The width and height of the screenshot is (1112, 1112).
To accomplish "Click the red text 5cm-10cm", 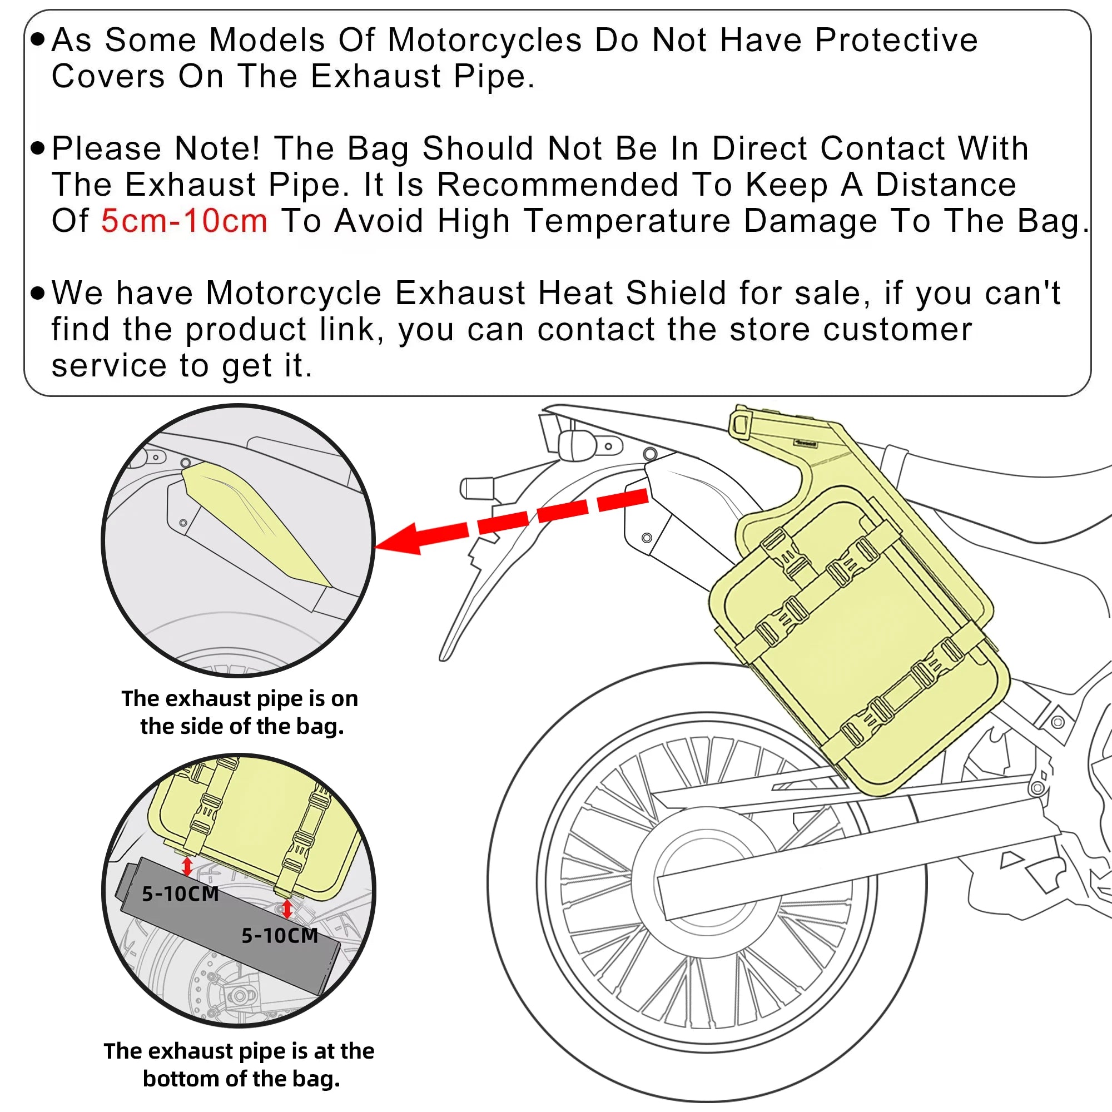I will [184, 221].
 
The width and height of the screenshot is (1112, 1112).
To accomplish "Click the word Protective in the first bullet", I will [896, 40].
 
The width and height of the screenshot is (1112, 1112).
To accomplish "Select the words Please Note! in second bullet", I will [156, 148].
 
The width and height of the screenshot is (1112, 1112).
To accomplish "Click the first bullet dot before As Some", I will [37, 39].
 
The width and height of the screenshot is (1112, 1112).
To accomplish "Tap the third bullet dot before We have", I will [37, 293].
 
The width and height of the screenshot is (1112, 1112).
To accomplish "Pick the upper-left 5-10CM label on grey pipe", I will [180, 894].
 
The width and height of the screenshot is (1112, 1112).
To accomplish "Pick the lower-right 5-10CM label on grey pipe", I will [280, 935].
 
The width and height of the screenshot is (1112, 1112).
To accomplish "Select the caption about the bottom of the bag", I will [240, 1064].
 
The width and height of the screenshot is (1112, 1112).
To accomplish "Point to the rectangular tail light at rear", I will [477, 489].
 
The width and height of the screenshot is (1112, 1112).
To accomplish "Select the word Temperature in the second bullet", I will [627, 221].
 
